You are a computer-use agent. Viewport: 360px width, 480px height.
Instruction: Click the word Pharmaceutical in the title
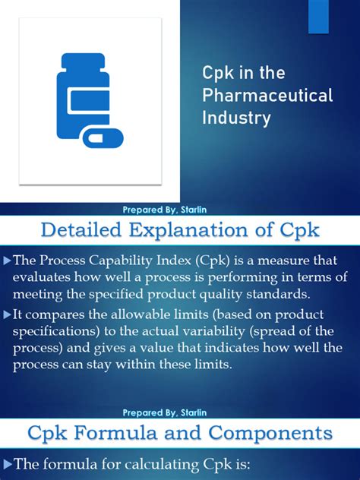click(x=267, y=96)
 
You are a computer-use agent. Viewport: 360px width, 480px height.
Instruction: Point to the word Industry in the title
click(x=236, y=118)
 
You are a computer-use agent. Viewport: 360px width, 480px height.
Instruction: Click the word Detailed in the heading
click(x=84, y=228)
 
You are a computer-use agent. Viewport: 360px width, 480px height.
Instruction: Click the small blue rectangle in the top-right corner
click(x=319, y=16)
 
